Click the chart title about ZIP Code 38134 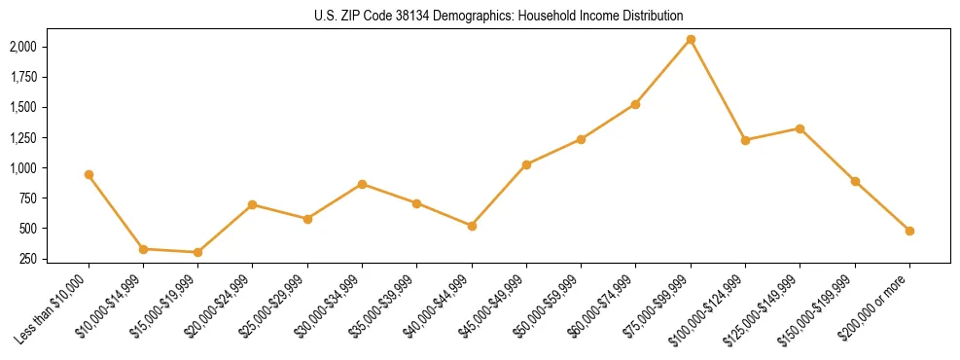click(x=498, y=16)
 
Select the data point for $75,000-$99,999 click(x=691, y=39)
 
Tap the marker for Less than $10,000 click(x=89, y=174)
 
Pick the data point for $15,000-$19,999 click(x=197, y=252)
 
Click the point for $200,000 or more click(x=909, y=231)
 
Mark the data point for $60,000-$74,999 click(x=635, y=104)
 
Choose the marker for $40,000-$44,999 click(x=472, y=226)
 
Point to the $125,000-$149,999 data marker click(x=800, y=128)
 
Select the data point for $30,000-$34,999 click(x=362, y=184)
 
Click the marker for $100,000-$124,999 click(x=745, y=140)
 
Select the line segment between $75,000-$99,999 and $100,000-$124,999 click(x=718, y=90)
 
